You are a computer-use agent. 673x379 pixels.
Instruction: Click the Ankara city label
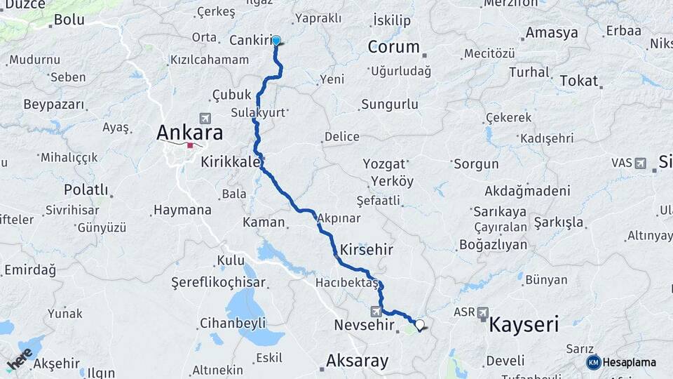(x=189, y=132)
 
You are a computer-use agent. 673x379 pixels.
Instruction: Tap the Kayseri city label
(x=524, y=324)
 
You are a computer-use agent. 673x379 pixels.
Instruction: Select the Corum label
(x=394, y=47)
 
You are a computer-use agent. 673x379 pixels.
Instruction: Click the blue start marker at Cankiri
(x=276, y=41)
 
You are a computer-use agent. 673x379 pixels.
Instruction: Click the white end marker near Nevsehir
(x=420, y=324)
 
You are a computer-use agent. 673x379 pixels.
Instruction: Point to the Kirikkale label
(x=230, y=161)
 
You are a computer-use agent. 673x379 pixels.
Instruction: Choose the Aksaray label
(x=357, y=361)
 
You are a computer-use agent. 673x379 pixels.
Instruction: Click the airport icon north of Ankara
(x=205, y=118)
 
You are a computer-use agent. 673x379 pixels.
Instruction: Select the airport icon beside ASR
(x=483, y=312)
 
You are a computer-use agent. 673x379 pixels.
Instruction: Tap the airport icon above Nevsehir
(x=376, y=311)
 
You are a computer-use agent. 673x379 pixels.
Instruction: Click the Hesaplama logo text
(x=629, y=362)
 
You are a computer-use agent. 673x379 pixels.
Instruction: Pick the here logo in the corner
(x=20, y=358)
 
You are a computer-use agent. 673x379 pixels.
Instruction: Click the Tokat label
(x=578, y=81)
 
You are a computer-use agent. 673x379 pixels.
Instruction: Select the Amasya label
(x=552, y=33)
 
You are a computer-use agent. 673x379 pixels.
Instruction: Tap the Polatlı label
(x=86, y=189)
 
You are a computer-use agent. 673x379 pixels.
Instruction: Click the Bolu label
(x=69, y=19)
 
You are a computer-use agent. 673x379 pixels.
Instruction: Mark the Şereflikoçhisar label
(x=218, y=282)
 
